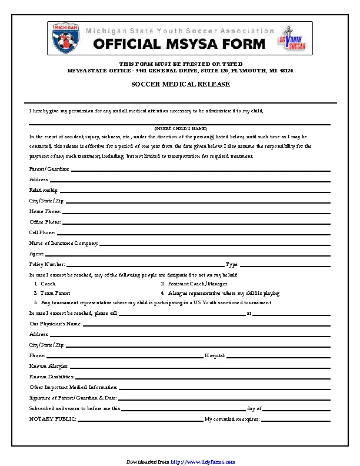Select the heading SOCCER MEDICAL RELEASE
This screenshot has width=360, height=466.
[180, 84]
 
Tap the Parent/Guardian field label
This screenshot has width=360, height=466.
[49, 169]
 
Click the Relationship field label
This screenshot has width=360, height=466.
[44, 190]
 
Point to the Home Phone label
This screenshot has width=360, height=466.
[45, 211]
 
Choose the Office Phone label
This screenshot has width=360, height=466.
[45, 222]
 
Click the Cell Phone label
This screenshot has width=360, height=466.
[43, 232]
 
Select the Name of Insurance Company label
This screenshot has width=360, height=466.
[64, 243]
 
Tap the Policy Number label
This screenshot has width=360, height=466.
[47, 264]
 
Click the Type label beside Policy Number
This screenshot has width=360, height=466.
[232, 264]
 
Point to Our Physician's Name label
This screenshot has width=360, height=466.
[55, 324]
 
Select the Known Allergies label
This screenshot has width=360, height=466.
[49, 366]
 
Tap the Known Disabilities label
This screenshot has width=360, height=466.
[51, 377]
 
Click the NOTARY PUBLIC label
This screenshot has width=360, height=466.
[53, 419]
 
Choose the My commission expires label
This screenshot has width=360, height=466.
[232, 419]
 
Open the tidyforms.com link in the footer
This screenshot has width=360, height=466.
[203, 461]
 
